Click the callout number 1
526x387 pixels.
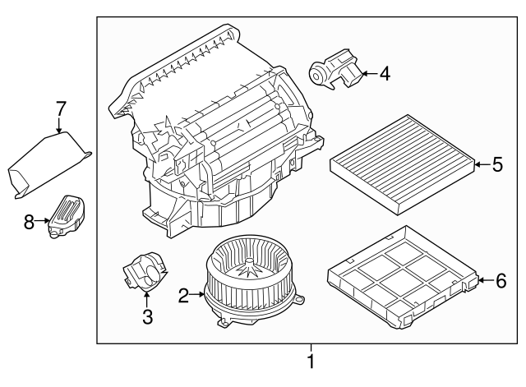click(x=311, y=362)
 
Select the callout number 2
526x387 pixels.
click(x=184, y=292)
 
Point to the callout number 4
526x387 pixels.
click(x=384, y=74)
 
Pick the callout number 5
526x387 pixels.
click(x=496, y=165)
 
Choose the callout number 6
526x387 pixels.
click(x=501, y=281)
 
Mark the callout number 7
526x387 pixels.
click(x=60, y=108)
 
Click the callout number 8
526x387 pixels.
click(x=30, y=220)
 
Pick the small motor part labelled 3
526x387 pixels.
click(x=145, y=274)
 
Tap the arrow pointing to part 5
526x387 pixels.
click(x=482, y=165)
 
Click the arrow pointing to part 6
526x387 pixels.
click(x=486, y=281)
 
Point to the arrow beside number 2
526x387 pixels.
click(x=197, y=292)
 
